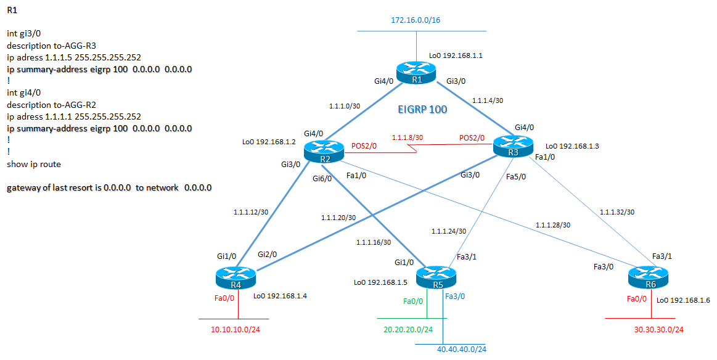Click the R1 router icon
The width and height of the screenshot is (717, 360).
(x=417, y=73)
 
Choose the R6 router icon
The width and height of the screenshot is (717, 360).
(x=648, y=278)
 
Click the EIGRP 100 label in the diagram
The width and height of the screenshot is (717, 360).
(x=423, y=110)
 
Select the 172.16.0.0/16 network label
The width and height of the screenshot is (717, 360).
(x=416, y=20)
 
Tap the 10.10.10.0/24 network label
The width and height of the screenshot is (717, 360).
(x=236, y=330)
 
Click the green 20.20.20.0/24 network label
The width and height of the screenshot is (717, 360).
(x=408, y=330)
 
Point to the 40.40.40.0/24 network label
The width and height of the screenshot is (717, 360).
(x=461, y=350)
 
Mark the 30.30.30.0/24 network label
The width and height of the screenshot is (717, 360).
(x=658, y=330)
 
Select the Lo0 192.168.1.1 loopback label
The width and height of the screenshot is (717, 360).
(x=456, y=55)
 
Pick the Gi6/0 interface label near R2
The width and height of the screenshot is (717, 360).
(x=322, y=179)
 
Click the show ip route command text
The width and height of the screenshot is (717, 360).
(x=34, y=164)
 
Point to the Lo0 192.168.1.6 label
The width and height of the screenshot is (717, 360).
(x=683, y=300)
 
